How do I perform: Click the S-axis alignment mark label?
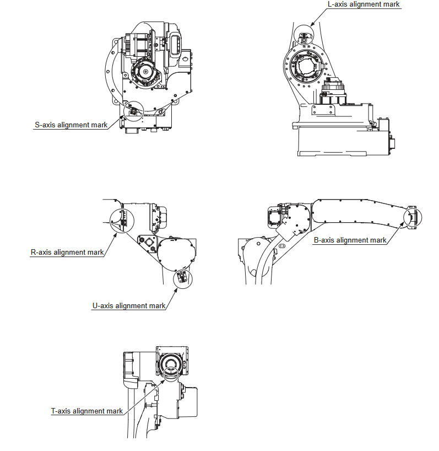coord(71,125)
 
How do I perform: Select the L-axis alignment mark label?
coord(364,4)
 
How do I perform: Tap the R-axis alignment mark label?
coord(67,253)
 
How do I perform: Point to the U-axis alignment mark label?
coord(129,306)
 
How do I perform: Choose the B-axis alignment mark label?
coord(350,240)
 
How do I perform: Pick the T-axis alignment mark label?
coord(87,411)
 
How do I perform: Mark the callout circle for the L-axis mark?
coord(303,36)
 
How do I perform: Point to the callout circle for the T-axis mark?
coord(171,374)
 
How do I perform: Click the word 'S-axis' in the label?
coord(45,125)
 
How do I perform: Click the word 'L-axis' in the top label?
coord(338,4)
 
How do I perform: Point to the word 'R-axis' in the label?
coord(41,253)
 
